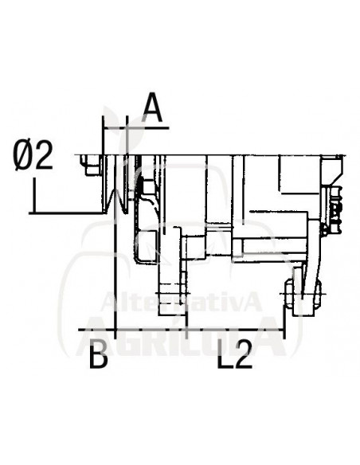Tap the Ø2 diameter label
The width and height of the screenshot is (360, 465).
click(x=34, y=155)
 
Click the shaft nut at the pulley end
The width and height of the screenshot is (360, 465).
click(x=88, y=166)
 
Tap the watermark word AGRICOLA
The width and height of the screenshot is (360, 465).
click(x=183, y=334)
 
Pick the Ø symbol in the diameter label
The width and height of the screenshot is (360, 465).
click(x=23, y=155)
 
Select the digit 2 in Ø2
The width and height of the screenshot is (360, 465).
click(x=44, y=155)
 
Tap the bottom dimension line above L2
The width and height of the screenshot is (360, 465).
click(x=199, y=328)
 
